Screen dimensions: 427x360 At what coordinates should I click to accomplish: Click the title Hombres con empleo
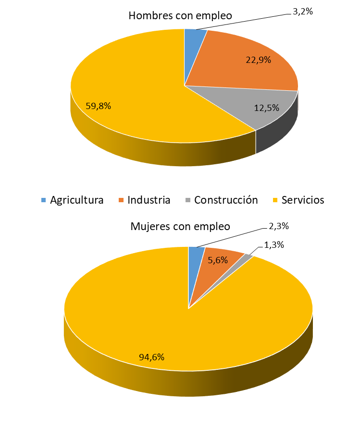click(180, 15)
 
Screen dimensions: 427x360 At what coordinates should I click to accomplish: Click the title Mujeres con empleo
click(180, 226)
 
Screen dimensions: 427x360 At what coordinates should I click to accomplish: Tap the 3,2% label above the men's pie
click(303, 11)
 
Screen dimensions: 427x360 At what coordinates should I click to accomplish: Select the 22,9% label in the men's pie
click(258, 60)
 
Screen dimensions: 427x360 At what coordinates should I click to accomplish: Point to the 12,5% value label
click(266, 108)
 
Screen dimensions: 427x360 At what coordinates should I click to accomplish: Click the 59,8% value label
click(99, 106)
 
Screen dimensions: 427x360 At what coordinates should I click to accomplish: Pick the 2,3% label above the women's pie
click(279, 226)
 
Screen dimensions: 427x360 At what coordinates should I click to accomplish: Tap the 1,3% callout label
click(274, 244)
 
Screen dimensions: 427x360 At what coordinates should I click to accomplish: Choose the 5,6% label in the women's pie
click(218, 260)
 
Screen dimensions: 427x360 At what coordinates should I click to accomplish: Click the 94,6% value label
click(152, 357)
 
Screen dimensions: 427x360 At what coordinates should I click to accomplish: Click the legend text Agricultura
click(77, 200)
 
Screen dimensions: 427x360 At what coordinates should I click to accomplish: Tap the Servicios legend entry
click(303, 200)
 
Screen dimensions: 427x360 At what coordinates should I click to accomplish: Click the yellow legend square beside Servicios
click(275, 200)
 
